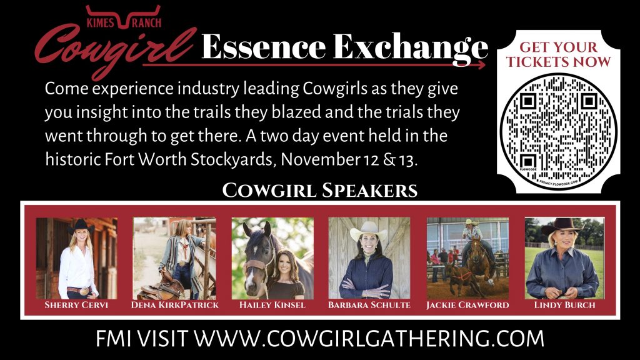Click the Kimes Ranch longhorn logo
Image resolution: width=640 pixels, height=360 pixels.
coord(123,17)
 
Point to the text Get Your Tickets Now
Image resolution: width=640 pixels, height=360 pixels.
coord(558,54)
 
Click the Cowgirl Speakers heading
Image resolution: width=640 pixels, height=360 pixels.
coord(320,190)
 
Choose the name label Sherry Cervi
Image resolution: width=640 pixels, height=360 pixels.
coord(76,305)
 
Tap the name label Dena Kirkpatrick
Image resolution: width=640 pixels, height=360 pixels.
coord(175,305)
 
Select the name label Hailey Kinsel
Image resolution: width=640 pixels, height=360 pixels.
coord(272,305)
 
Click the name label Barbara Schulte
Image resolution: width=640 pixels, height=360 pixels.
coord(369,305)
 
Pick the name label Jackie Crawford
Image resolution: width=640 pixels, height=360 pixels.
coord(467,305)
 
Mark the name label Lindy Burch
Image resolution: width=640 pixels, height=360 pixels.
coord(565,305)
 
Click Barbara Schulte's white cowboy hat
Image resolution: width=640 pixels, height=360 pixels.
coord(369,231)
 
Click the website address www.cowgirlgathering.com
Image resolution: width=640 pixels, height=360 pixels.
coord(369,338)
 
